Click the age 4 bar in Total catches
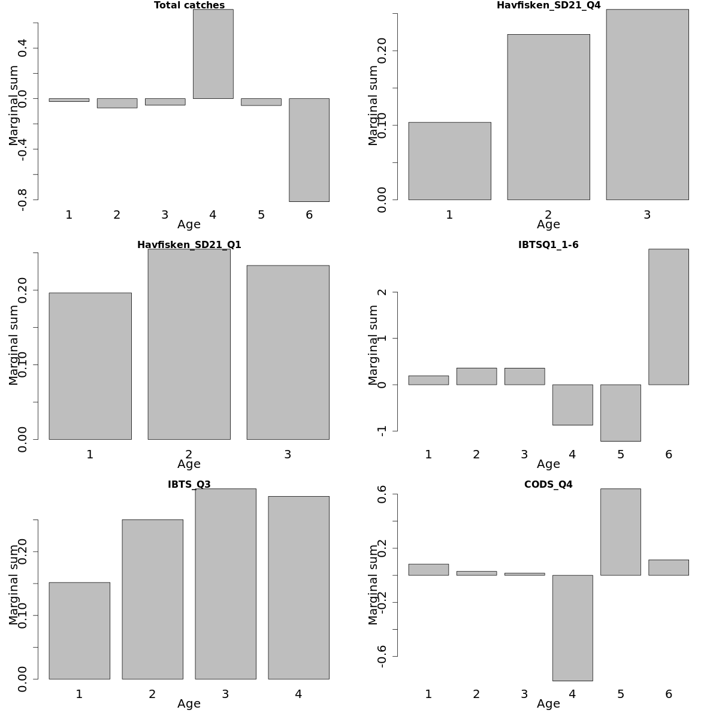pyautogui.click(x=213, y=54)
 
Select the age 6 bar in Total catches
pyautogui.click(x=309, y=150)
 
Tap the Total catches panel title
pyautogui.click(x=189, y=5)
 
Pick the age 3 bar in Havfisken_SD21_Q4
pyautogui.click(x=647, y=105)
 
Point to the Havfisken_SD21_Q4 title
pyautogui.click(x=548, y=5)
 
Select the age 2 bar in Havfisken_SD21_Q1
pyautogui.click(x=189, y=345)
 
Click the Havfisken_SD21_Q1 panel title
pyautogui.click(x=189, y=245)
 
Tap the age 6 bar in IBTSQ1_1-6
pyautogui.click(x=668, y=317)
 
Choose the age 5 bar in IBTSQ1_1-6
pyautogui.click(x=620, y=413)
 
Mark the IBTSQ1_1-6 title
pyautogui.click(x=548, y=245)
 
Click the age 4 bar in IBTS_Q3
pyautogui.click(x=298, y=587)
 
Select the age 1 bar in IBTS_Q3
pyautogui.click(x=79, y=630)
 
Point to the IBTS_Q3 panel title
pyautogui.click(x=189, y=485)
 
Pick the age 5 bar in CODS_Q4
pyautogui.click(x=620, y=532)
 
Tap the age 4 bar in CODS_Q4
pyautogui.click(x=572, y=628)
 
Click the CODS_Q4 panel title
pyautogui.click(x=548, y=485)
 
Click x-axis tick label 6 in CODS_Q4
pyautogui.click(x=669, y=694)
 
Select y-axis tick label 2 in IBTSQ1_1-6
pyautogui.click(x=382, y=292)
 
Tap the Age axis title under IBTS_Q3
pyautogui.click(x=189, y=704)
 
